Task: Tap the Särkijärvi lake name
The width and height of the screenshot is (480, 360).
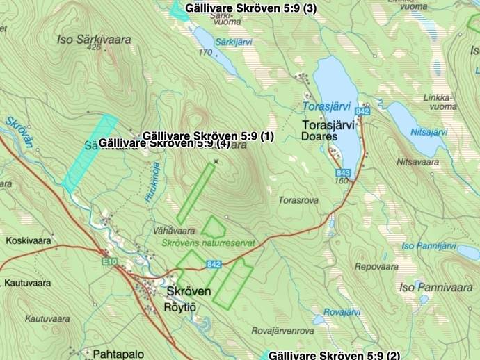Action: pos(234,42)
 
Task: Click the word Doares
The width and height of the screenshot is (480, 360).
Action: pos(320,137)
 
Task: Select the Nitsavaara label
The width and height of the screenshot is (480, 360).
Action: pos(417,162)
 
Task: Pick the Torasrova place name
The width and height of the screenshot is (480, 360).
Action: pos(298,199)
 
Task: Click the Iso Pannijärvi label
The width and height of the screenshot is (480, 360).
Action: pos(428,246)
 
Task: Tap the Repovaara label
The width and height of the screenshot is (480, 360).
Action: pos(376,266)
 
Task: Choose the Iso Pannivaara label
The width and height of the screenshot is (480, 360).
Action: pos(435,287)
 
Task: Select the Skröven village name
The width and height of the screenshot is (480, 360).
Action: pos(189,291)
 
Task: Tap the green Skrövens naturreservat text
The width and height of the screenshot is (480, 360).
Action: pos(207,243)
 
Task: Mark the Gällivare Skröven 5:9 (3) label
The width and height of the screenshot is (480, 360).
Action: pos(250,8)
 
